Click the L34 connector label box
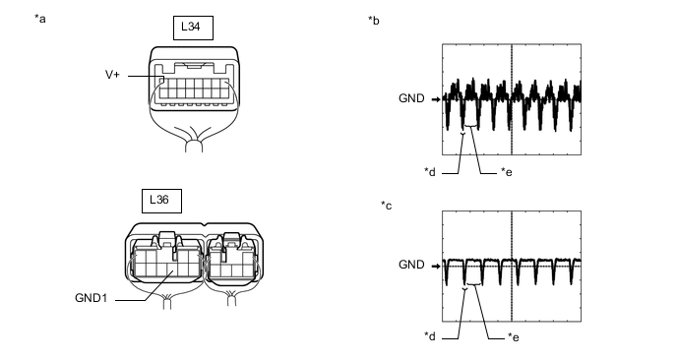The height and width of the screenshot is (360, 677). click(x=193, y=29)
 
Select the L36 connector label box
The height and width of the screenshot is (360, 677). click(x=161, y=201)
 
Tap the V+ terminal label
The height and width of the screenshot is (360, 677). click(x=112, y=75)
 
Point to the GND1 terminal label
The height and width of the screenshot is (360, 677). click(x=91, y=298)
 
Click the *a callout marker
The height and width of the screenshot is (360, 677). click(x=40, y=19)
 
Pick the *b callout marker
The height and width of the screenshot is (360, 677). click(x=374, y=21)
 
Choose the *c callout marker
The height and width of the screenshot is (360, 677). click(x=387, y=206)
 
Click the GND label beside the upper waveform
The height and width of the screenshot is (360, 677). click(x=411, y=98)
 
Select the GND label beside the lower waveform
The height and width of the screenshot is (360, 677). click(x=411, y=265)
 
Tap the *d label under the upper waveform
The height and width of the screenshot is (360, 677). click(x=430, y=172)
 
